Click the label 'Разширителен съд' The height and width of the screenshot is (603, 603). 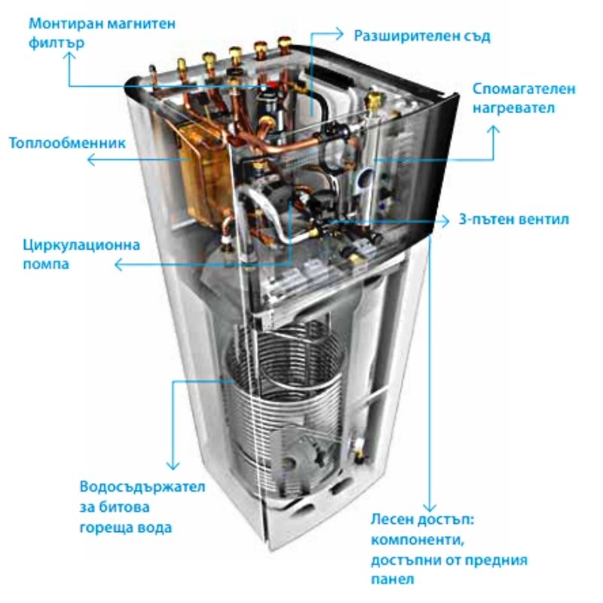422,35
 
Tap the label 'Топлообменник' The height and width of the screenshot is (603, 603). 67,142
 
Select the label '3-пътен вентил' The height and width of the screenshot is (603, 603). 514,219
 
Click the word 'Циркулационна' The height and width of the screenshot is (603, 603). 81,246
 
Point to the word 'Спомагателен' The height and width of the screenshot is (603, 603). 524,89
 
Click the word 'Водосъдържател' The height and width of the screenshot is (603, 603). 142,487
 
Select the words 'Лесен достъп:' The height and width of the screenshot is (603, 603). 423,519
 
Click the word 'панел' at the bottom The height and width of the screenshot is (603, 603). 392,579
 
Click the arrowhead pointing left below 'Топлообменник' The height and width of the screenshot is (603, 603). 90,159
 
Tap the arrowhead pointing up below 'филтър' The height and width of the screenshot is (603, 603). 69,56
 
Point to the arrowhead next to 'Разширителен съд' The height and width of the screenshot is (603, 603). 339,34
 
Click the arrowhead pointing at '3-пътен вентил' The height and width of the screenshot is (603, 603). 445,221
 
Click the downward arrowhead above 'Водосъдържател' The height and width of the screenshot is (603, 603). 173,466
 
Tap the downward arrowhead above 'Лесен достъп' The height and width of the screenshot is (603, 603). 430,507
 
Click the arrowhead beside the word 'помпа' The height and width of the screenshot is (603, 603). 118,265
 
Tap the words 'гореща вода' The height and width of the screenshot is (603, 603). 125,528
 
